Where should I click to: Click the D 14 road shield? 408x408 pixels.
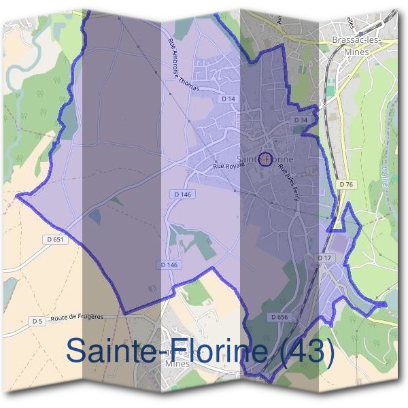point(228,99)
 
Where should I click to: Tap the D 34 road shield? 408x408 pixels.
point(301,120)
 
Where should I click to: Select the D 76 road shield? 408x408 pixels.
point(346,184)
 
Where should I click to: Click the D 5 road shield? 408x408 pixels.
point(37,320)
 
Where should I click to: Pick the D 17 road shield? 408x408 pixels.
point(324,258)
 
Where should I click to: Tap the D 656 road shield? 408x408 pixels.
point(279,317)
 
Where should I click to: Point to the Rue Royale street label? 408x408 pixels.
point(228,164)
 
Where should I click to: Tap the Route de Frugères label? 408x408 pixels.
point(81,317)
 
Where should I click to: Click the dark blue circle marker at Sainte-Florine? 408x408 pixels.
point(266,160)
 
